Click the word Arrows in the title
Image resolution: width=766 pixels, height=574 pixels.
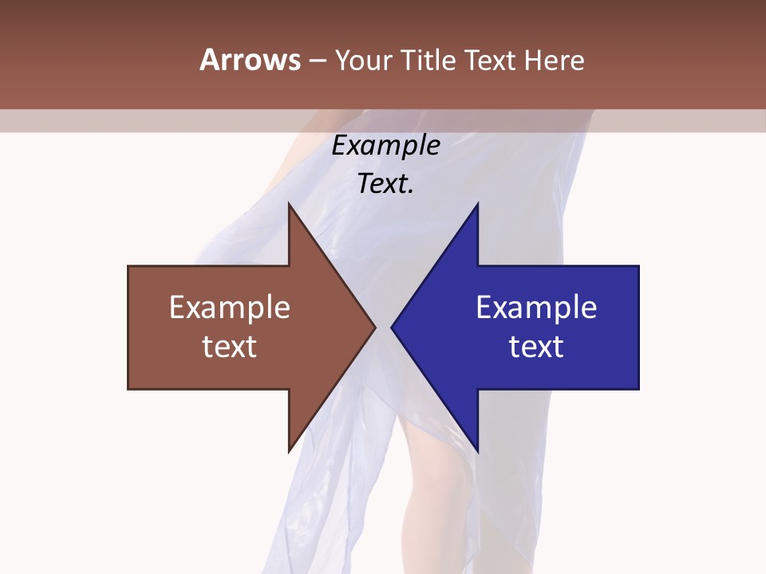click(250, 60)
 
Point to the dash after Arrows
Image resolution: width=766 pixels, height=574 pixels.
click(317, 61)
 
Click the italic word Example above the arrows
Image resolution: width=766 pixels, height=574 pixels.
click(385, 146)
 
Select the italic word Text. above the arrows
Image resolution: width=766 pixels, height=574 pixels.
click(385, 183)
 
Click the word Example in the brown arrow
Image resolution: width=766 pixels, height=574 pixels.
click(230, 308)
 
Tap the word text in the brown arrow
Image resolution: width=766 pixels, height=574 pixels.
click(230, 346)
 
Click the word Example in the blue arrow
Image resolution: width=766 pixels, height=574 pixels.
click(536, 308)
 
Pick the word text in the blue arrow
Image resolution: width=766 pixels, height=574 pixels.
click(536, 346)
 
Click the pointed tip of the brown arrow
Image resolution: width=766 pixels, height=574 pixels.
click(373, 327)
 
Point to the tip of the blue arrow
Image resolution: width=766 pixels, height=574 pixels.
click(393, 327)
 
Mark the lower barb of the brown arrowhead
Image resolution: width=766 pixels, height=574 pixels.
click(290, 448)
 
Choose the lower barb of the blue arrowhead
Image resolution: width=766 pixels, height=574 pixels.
click(476, 448)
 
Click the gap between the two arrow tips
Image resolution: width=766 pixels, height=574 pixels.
click(383, 327)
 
